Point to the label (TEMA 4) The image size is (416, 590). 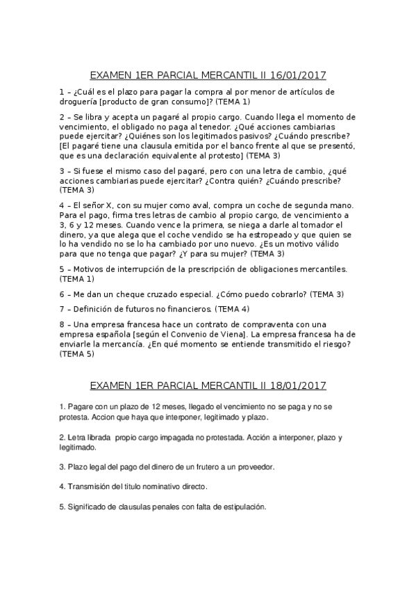tap(232, 308)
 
